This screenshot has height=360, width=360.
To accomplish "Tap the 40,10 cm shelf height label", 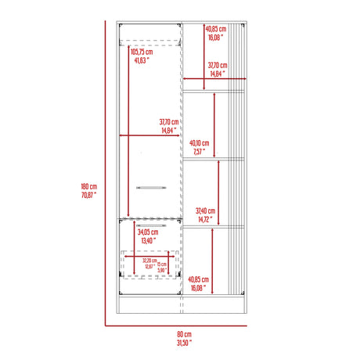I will pyautogui.click(x=199, y=143).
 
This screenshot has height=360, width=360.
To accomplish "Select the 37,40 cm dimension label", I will pyautogui.click(x=204, y=211).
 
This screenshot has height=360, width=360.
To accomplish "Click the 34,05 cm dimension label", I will pyautogui.click(x=147, y=232).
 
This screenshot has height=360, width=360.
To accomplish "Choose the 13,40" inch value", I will pyautogui.click(x=146, y=240).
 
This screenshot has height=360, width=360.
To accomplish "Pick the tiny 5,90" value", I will pyautogui.click(x=163, y=271).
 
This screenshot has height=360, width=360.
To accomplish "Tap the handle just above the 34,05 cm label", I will pyautogui.click(x=148, y=223).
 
